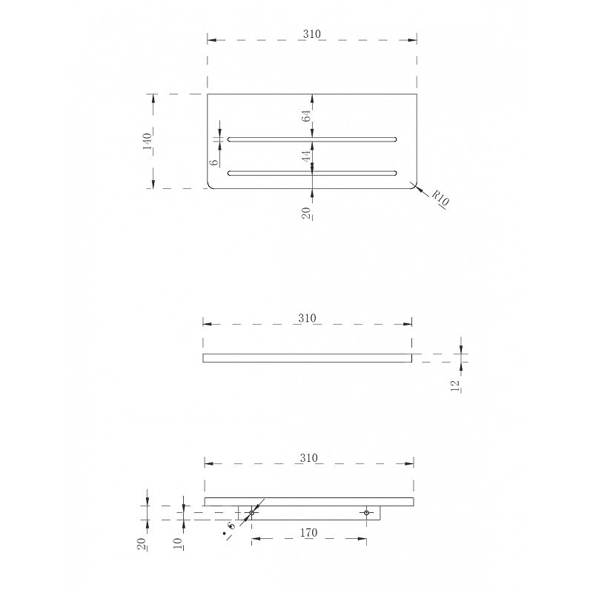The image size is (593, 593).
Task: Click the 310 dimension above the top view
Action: point(311,34)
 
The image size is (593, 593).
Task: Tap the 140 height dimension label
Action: point(147,141)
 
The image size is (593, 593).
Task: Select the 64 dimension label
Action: point(306,116)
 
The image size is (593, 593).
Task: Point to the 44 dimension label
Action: point(306,156)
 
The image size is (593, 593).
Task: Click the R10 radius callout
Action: point(440,197)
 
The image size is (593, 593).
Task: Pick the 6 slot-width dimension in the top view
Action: point(214,161)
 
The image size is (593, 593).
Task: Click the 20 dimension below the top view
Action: point(306,213)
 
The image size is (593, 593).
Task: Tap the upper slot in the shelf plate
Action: point(312,139)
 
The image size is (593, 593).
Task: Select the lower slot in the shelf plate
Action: point(312,173)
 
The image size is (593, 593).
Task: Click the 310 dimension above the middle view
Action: point(307,318)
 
